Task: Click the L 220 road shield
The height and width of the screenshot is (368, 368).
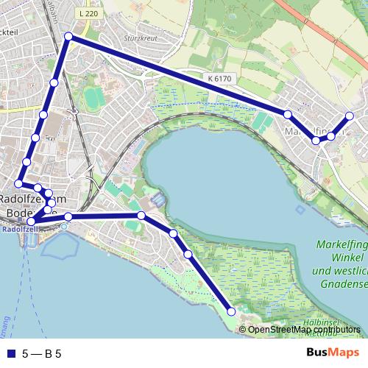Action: tap(87, 13)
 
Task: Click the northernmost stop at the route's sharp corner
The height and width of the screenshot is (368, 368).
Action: tap(68, 36)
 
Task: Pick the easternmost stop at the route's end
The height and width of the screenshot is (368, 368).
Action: tap(349, 116)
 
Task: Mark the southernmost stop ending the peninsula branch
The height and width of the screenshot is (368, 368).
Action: tap(232, 312)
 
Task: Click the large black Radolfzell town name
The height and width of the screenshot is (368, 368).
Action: tap(32, 199)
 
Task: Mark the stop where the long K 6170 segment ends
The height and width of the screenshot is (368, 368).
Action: tap(288, 114)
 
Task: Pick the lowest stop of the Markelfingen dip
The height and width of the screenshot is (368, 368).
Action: tap(316, 140)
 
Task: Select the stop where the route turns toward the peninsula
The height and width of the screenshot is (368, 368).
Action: tap(141, 215)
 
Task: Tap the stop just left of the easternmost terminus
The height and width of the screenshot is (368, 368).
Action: tap(331, 136)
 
